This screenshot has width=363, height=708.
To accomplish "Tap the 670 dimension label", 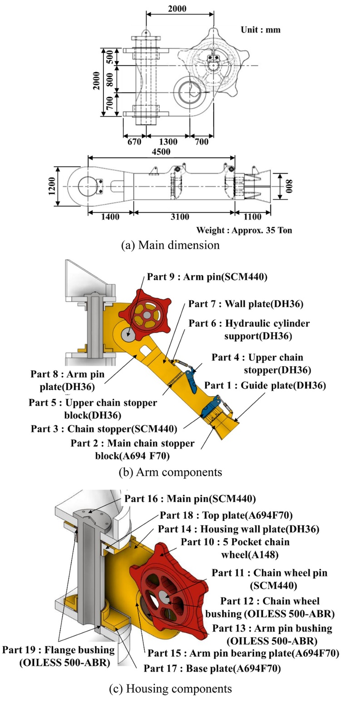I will pos(134,142).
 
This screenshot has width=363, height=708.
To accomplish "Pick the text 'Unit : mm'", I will pos(260,30).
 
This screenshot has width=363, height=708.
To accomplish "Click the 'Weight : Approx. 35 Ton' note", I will pos(244,230).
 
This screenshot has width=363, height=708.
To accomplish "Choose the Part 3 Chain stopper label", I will pos(103,428).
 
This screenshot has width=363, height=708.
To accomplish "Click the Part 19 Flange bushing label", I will pos(58,656).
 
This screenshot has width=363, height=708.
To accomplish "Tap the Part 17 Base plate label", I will pos(212,668).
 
